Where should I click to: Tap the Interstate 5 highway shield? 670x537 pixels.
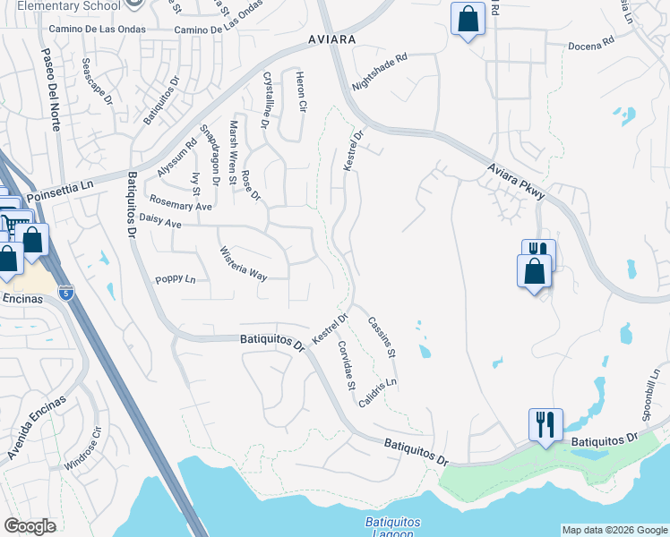coord(65,292)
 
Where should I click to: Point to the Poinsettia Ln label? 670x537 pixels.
coord(60,191)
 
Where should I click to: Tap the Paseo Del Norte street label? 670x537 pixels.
coord(49,89)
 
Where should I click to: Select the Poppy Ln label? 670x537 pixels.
coord(175,279)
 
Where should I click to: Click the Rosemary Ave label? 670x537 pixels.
coord(181,203)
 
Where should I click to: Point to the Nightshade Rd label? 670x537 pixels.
coord(380,71)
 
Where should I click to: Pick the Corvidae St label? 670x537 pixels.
coord(347,366)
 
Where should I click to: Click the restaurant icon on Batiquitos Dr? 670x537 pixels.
coord(545,425)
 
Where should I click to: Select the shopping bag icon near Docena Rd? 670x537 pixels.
coord(468,19)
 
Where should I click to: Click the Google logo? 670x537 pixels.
coord(30,526)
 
